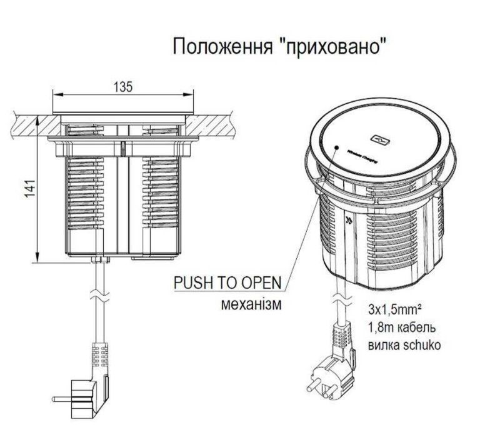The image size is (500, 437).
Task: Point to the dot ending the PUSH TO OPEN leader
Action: click(336, 149)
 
